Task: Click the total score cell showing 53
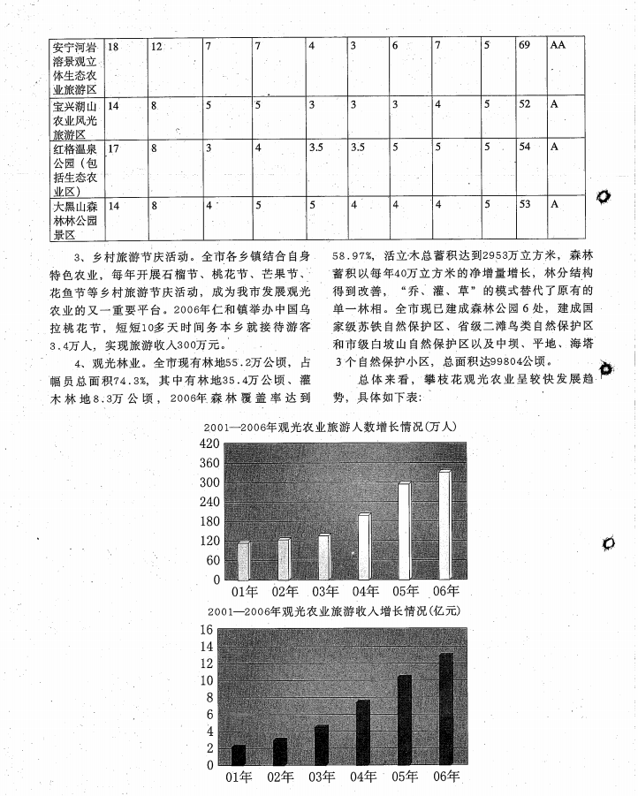tap(525, 204)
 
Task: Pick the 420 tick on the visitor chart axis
tap(209, 443)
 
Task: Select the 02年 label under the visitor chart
tap(285, 591)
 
